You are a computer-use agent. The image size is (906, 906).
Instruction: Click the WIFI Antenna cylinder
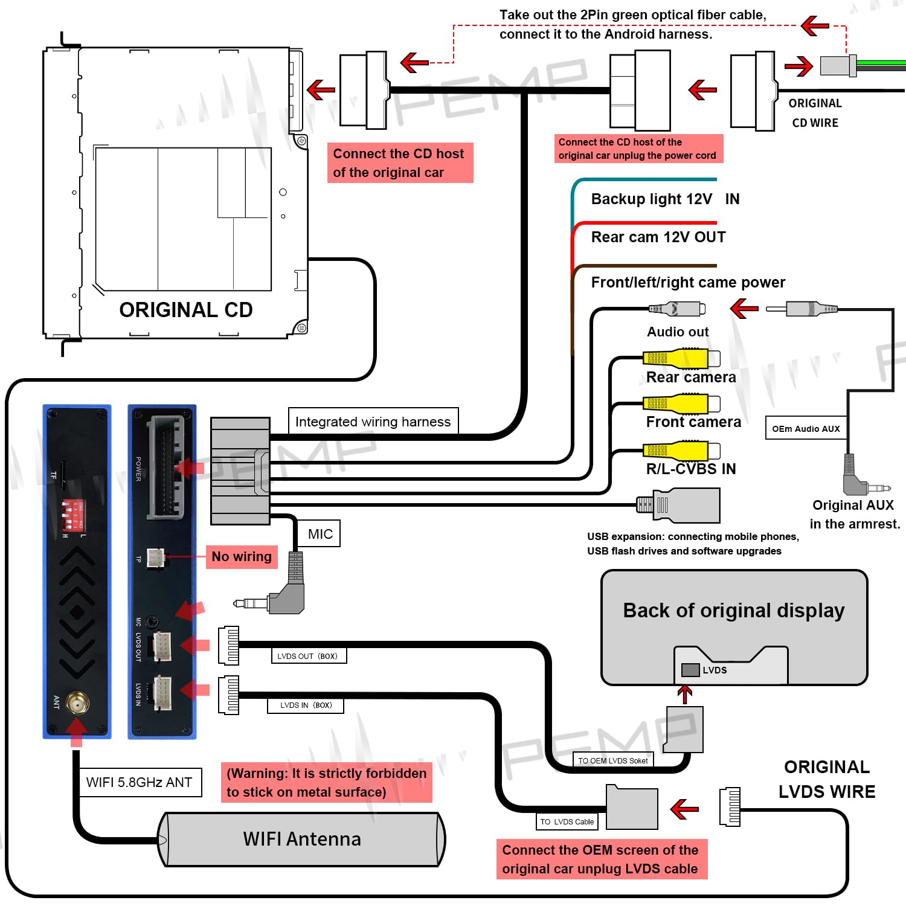(x=302, y=840)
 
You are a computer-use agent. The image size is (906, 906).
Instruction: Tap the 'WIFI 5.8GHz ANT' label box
(x=140, y=782)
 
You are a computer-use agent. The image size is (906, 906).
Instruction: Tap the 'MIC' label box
(x=320, y=534)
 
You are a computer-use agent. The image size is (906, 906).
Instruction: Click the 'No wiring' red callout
(x=242, y=556)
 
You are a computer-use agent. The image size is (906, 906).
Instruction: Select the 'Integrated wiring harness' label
(x=373, y=422)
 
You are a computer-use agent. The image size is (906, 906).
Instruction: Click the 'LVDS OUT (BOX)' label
(x=308, y=656)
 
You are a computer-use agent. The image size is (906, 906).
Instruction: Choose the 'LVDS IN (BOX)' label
(x=306, y=705)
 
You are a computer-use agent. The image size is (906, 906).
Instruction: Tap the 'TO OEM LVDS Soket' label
(x=612, y=760)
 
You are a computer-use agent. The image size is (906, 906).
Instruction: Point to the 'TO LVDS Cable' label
(x=567, y=821)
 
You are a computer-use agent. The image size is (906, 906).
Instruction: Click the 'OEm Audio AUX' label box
(x=806, y=429)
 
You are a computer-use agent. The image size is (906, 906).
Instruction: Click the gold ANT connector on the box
(x=77, y=704)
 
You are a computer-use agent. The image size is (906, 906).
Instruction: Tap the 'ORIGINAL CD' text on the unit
(x=186, y=310)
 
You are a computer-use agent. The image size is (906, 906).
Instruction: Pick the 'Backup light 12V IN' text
(x=665, y=199)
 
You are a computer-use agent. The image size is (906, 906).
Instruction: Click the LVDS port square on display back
(x=690, y=670)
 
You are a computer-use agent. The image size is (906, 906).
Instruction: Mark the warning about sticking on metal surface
(x=326, y=783)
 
